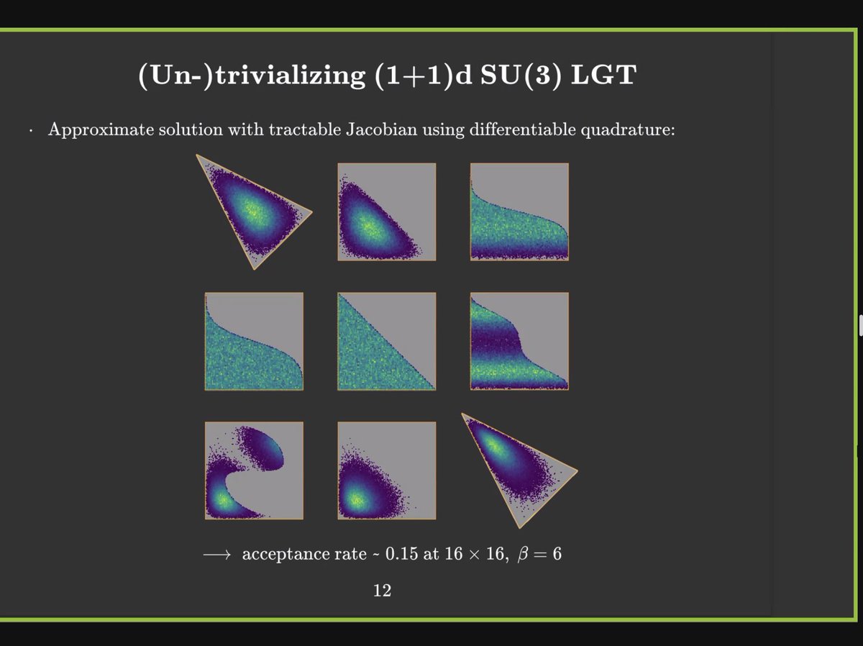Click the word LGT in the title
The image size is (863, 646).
tap(601, 76)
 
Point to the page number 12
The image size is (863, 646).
tap(382, 591)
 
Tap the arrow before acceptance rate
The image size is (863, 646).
tap(216, 555)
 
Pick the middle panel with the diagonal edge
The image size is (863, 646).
tap(386, 341)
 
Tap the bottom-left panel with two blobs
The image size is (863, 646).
tap(254, 470)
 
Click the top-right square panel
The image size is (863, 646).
tap(519, 211)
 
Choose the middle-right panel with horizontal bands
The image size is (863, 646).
tap(519, 341)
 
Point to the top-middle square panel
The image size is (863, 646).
tap(386, 211)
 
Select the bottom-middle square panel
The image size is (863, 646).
tap(386, 470)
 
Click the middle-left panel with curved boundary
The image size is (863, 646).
tap(254, 341)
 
